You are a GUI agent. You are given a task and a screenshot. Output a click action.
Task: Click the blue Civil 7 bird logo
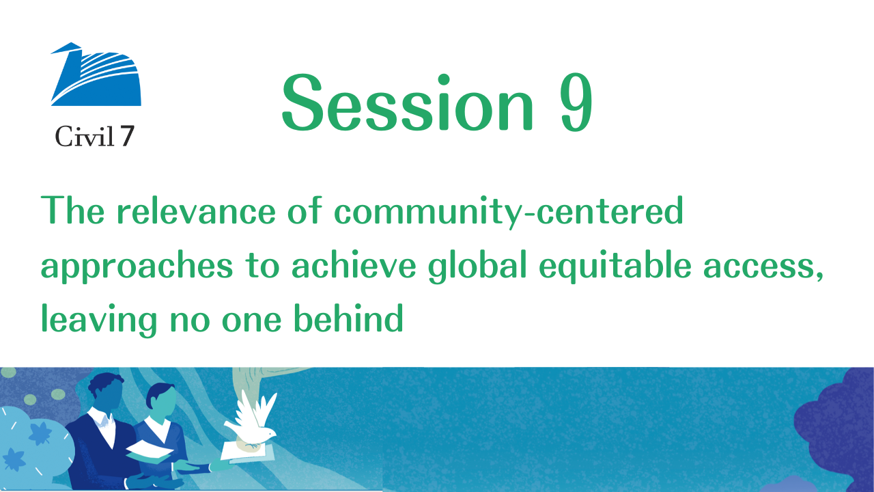96,74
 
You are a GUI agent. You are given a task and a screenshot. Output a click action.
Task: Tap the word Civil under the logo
84,137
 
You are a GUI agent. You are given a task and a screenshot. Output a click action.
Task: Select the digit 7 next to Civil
127,136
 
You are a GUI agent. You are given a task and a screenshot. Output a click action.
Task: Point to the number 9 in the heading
576,102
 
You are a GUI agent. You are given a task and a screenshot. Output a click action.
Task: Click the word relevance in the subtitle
196,211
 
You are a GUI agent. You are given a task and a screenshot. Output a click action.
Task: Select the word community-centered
509,211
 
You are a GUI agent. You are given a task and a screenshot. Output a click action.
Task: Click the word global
477,266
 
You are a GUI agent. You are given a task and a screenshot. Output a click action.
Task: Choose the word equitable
615,266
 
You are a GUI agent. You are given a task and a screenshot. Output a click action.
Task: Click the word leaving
99,320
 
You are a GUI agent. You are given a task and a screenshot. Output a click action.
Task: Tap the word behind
348,318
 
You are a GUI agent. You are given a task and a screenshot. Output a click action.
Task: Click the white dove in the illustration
253,421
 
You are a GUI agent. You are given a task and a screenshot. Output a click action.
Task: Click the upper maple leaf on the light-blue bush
40,433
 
